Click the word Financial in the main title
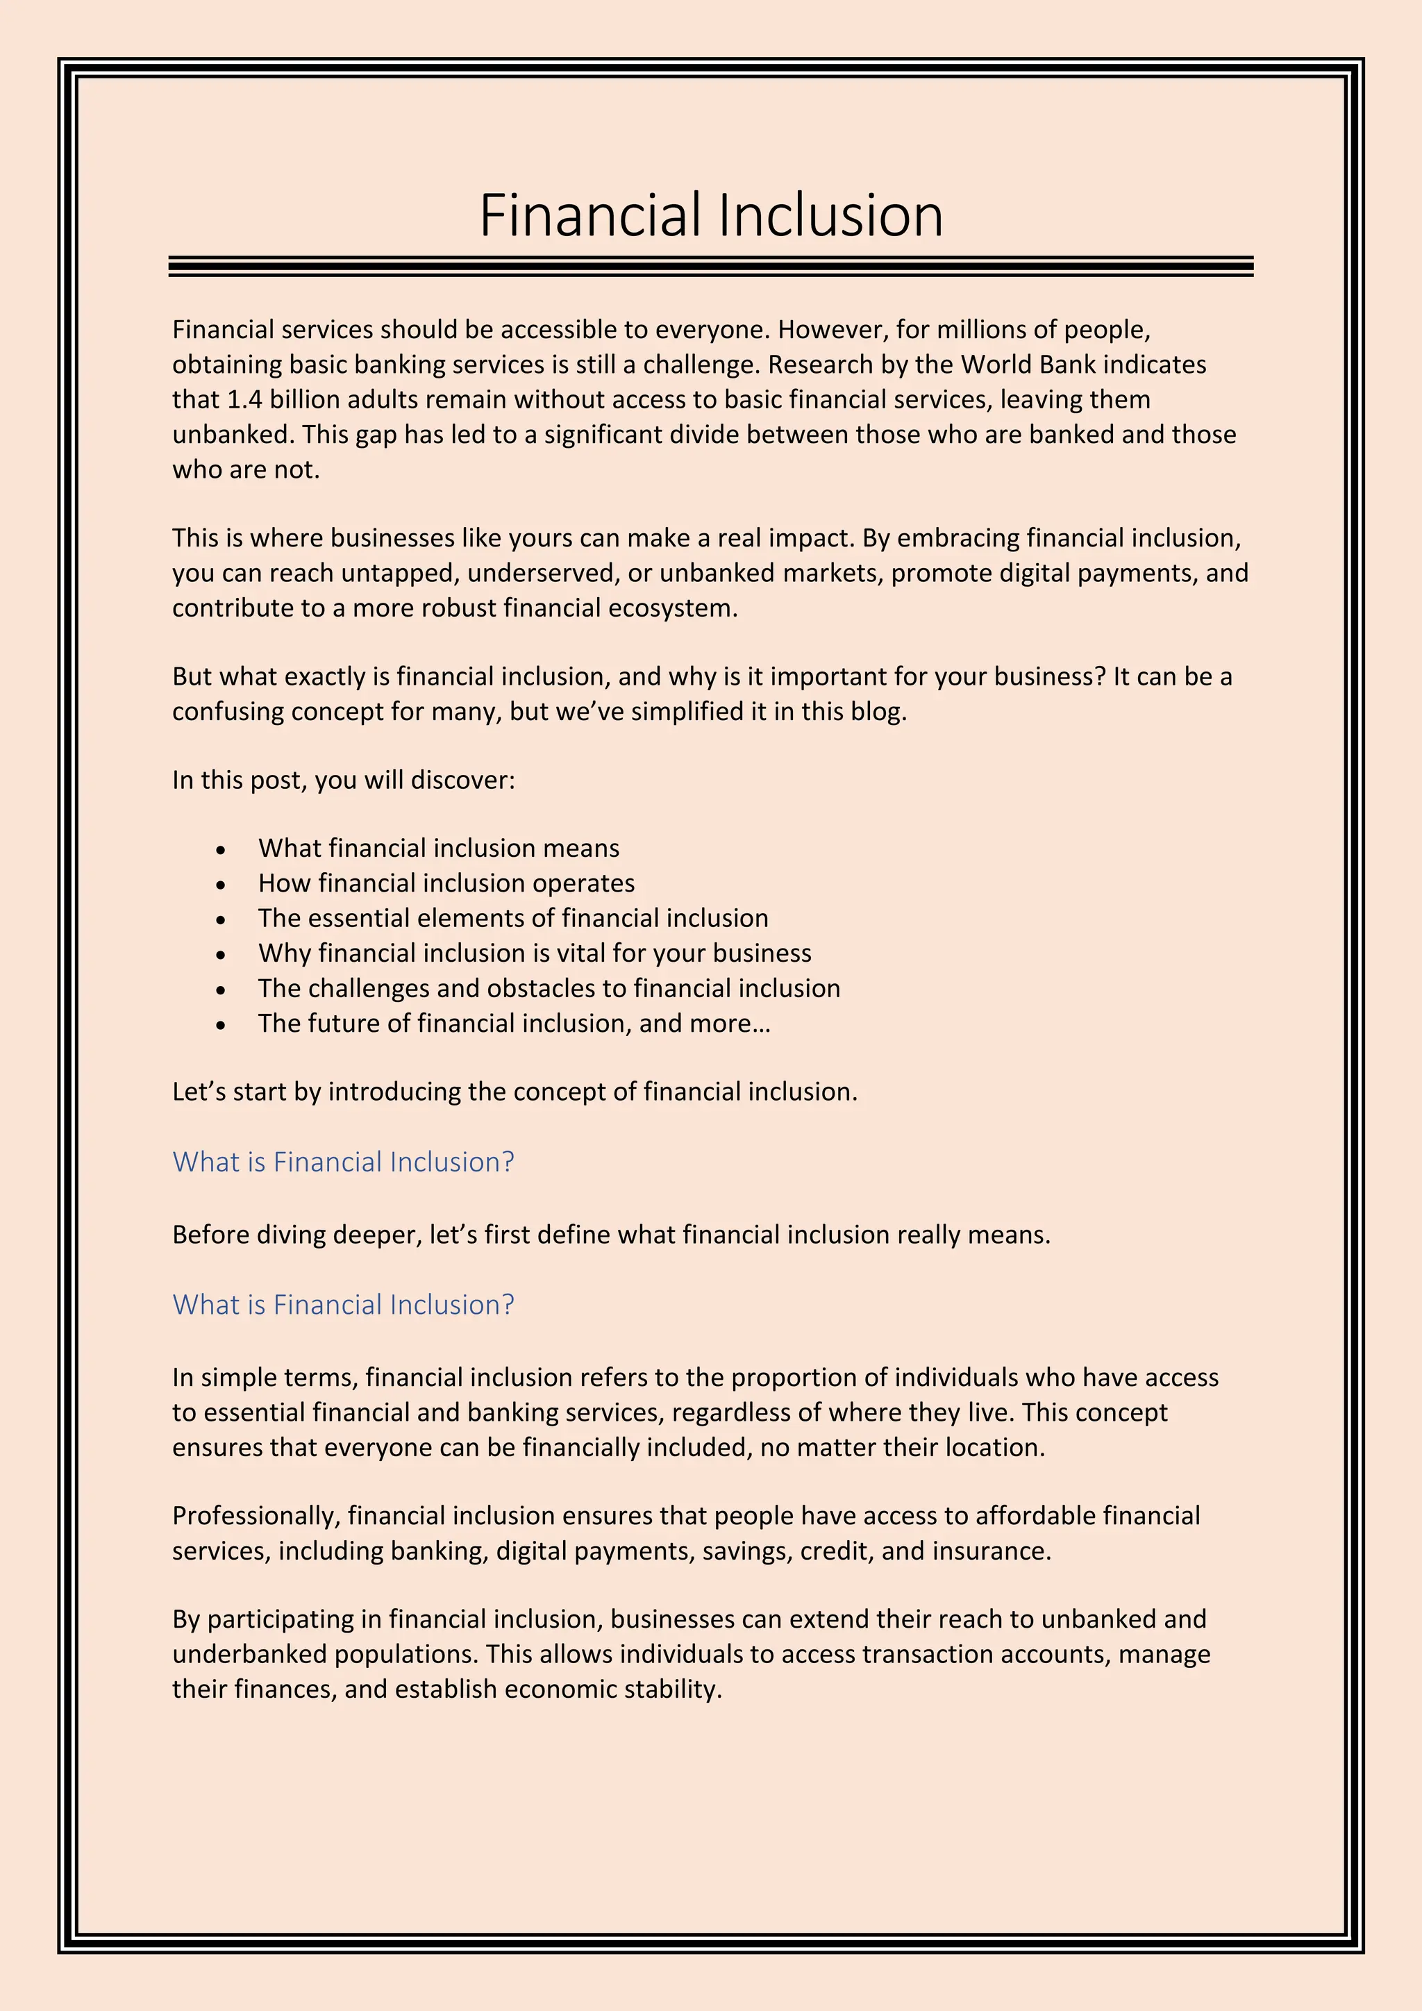[590, 215]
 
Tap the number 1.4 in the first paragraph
[244, 399]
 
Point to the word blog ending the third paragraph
[878, 711]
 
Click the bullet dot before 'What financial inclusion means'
[221, 849]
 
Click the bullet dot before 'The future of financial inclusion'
[221, 1025]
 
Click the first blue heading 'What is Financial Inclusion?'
[343, 1162]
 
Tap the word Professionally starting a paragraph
[255, 1515]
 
